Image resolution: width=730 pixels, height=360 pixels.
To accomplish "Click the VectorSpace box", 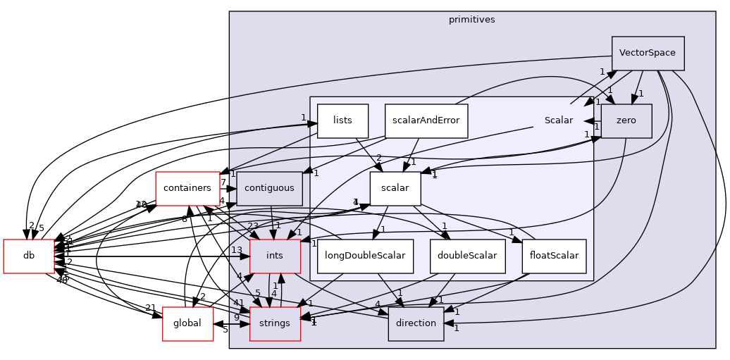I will point(648,53).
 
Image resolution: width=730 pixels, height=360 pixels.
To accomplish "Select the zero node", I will point(626,120).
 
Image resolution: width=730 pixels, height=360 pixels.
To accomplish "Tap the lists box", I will point(342,120).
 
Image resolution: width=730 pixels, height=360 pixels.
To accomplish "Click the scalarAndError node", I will point(426,120).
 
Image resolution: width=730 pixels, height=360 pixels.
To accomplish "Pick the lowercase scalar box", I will point(395,188).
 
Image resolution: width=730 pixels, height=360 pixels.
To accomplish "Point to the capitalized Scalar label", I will point(558,120).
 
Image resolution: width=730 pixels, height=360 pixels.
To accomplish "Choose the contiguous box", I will point(269,188).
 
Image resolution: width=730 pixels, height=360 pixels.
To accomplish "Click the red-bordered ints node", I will point(275,256).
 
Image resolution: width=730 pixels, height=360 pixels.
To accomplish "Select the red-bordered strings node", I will point(275,323).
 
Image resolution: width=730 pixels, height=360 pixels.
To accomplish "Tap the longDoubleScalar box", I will point(365,256).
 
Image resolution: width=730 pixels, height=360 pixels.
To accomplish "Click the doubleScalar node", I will point(467,256).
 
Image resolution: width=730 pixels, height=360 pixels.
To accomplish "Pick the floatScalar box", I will point(554,256).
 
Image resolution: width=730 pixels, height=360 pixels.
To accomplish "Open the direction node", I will point(416,323).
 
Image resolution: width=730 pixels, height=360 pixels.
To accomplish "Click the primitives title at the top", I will point(471,20).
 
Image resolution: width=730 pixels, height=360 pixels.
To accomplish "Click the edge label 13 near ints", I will point(237,250).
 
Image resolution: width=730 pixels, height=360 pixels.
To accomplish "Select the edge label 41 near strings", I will point(239,303).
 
